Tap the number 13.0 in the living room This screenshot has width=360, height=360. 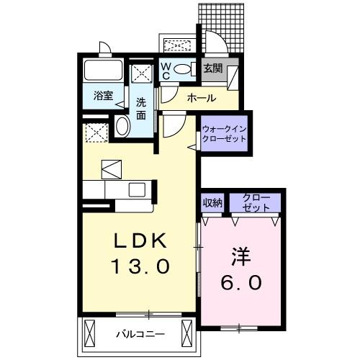point(140,267)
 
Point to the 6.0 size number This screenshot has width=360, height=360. point(242,283)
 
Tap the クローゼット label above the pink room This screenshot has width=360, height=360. point(256,202)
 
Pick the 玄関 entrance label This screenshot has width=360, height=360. point(212,69)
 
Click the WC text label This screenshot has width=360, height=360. point(165,71)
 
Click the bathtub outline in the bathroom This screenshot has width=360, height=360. point(104,72)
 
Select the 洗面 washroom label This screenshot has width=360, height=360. point(141,108)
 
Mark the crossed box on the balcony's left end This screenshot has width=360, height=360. point(91,333)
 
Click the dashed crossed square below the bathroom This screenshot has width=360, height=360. point(94,132)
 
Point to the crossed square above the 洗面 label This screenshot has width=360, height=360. point(141,73)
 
